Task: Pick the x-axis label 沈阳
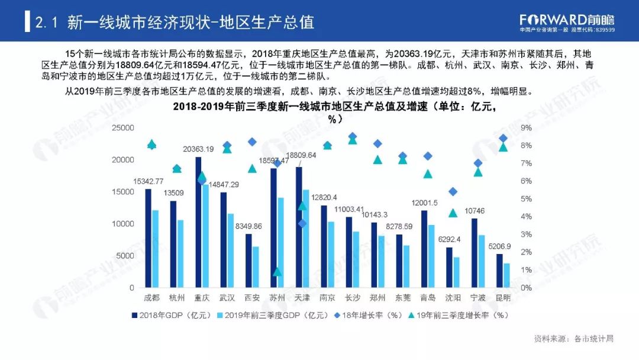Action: point(453,298)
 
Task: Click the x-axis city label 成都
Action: point(151,298)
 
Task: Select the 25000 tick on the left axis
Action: point(124,128)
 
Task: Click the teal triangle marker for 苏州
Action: point(277,272)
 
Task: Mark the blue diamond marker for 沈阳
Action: point(453,191)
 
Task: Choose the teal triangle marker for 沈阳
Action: point(453,213)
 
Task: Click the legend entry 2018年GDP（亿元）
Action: point(170,316)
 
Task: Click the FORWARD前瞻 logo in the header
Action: point(567,21)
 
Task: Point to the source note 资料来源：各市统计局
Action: point(573,339)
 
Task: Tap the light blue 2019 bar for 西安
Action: point(255,266)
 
